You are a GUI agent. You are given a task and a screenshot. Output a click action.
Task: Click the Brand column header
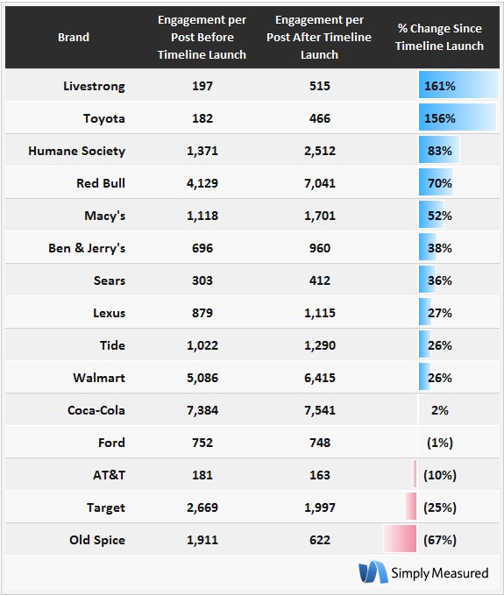click(74, 37)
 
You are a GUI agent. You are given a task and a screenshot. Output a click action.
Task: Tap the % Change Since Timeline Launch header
click(439, 37)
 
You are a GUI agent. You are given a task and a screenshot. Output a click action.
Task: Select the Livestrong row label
click(94, 86)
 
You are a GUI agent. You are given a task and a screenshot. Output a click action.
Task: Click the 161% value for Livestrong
click(440, 86)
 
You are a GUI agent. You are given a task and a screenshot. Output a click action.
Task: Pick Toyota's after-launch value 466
click(320, 118)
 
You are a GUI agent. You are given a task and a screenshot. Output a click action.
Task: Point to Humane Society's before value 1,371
click(202, 151)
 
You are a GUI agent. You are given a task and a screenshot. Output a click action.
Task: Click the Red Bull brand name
click(101, 183)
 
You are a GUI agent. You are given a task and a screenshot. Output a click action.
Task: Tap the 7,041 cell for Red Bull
click(320, 183)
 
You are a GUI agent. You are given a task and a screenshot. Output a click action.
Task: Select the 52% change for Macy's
click(440, 216)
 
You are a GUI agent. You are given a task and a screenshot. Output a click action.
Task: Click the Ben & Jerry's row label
click(87, 248)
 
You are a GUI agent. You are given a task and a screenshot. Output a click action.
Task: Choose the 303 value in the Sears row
click(202, 280)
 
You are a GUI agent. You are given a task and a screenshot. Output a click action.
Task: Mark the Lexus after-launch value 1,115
click(320, 313)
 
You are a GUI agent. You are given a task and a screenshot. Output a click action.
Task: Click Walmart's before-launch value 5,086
click(202, 378)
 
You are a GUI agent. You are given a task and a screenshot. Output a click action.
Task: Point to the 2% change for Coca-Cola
click(440, 410)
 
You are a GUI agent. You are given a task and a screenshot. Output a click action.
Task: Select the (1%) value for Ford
click(440, 443)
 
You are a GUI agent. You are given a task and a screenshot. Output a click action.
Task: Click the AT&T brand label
click(109, 475)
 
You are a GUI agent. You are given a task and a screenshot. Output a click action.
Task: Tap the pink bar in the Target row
click(410, 506)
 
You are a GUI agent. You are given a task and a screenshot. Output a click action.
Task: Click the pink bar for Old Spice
click(400, 539)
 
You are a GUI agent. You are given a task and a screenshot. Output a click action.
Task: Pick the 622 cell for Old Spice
click(320, 540)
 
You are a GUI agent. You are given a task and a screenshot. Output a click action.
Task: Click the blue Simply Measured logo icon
click(373, 571)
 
